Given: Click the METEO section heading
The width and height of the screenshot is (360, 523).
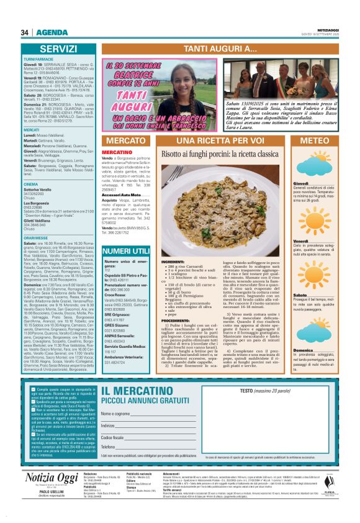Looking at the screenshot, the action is pos(315,141).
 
